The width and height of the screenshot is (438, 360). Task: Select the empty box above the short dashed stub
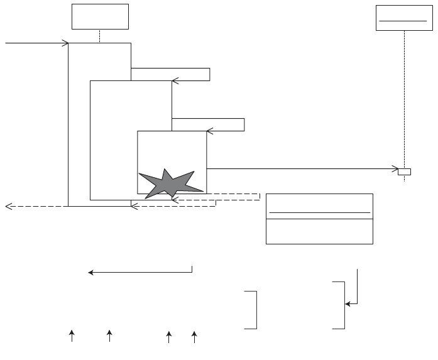(100, 16)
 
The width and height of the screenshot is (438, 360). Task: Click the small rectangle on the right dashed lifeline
(404, 171)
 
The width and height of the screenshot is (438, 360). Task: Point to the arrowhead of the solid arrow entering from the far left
(65, 43)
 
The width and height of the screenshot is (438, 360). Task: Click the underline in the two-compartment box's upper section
(319, 213)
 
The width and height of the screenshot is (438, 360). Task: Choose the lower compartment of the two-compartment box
(319, 231)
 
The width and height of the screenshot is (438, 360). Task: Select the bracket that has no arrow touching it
(253, 310)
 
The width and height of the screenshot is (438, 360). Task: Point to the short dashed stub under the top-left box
(100, 36)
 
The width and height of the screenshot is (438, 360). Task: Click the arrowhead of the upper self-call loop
(175, 80)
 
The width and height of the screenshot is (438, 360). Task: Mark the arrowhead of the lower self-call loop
(209, 131)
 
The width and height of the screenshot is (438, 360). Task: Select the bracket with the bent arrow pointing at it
(341, 305)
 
